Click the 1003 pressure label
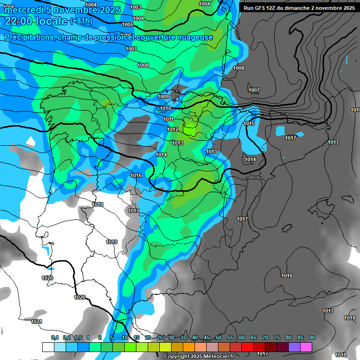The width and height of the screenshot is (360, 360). (x=135, y=7)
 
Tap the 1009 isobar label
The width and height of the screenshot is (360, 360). (x=163, y=97)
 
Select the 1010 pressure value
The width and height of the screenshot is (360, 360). (x=165, y=108)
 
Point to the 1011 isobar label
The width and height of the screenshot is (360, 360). (x=169, y=119)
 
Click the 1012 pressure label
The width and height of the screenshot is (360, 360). (x=172, y=129)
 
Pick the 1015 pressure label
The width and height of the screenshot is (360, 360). (x=249, y=123)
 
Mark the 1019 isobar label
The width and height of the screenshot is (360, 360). (x=112, y=242)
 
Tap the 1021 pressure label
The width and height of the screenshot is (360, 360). (x=37, y=322)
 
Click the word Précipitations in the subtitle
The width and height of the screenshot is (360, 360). (x=29, y=37)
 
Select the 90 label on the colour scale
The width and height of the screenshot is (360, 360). (x=312, y=337)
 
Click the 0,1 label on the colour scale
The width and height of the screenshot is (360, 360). (x=55, y=337)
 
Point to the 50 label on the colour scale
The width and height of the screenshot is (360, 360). (x=218, y=337)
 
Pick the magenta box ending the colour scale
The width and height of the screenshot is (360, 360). (x=306, y=347)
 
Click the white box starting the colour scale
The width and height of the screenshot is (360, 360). (x=48, y=347)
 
